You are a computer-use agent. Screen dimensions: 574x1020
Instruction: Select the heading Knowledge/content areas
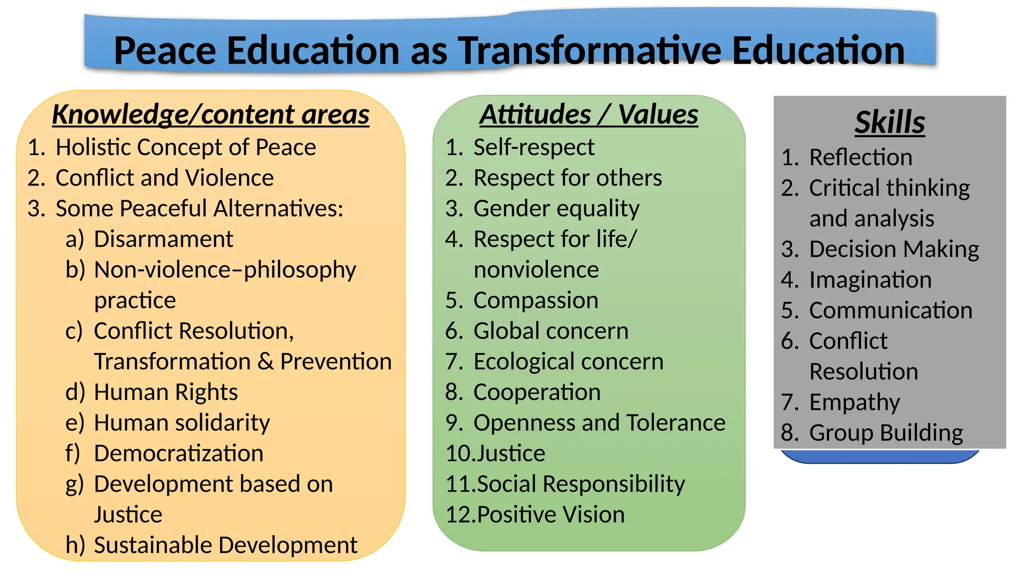coord(211,114)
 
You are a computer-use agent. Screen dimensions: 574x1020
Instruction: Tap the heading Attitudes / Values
coord(589,114)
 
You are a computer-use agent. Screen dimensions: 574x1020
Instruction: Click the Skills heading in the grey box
coord(890,122)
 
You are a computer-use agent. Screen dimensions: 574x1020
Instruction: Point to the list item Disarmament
coord(163,239)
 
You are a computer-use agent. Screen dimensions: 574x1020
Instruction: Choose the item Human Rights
coord(166,392)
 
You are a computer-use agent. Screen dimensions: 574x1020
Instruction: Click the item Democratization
coord(178,453)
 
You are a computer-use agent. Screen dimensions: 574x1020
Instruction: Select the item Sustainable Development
coord(225,545)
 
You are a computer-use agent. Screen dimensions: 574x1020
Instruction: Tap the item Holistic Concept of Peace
coord(186,147)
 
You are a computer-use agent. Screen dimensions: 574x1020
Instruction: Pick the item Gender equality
coord(556,209)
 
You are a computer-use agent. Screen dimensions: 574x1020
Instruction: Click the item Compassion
coord(536,300)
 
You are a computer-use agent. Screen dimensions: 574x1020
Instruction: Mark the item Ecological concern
coord(568,362)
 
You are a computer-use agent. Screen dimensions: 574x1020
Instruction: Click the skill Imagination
coord(870,280)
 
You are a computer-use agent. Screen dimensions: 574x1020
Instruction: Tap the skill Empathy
coord(855,403)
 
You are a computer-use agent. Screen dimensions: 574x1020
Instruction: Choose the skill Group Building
coord(886,433)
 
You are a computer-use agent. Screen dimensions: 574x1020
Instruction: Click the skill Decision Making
coord(894,249)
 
